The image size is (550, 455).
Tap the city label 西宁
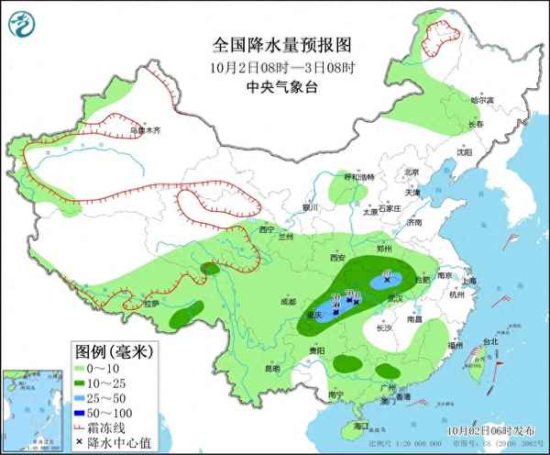pyautogui.click(x=267, y=229)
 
